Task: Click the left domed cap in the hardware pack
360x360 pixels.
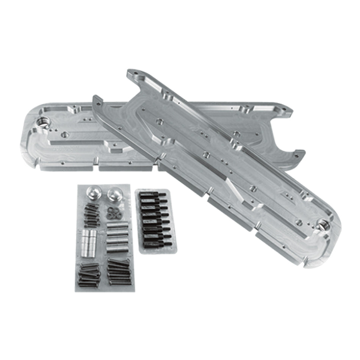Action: coord(92,193)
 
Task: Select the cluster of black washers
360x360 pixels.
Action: coord(114,213)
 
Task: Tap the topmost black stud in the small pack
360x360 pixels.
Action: coord(153,195)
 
